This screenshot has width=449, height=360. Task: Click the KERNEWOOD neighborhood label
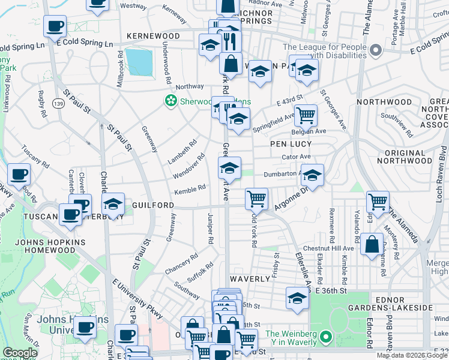pyautogui.click(x=153, y=37)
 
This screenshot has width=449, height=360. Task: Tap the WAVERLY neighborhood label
pyautogui.click(x=250, y=279)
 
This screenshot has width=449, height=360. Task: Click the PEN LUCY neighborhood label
pyautogui.click(x=291, y=145)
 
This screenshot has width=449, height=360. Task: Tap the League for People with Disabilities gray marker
pyautogui.click(x=376, y=50)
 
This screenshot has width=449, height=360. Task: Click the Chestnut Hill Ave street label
pyautogui.click(x=328, y=248)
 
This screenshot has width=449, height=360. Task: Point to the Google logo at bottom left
pyautogui.click(x=20, y=353)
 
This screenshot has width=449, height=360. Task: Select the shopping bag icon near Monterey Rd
pyautogui.click(x=372, y=244)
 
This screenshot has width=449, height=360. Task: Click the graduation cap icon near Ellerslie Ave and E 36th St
pyautogui.click(x=297, y=298)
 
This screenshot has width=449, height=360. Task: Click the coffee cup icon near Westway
pyautogui.click(x=55, y=26)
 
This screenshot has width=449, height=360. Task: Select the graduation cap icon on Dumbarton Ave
pyautogui.click(x=312, y=175)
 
